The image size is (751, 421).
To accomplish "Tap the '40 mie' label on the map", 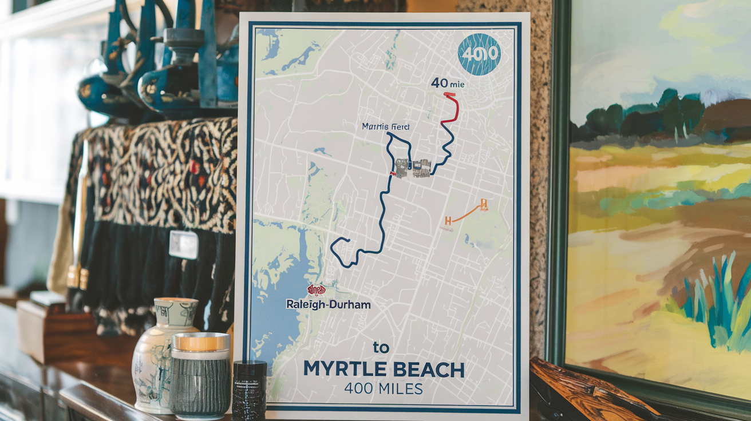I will pos(448,84).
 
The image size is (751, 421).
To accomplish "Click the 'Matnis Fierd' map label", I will pos(382,126).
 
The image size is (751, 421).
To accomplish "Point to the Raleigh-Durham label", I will pos(328,304).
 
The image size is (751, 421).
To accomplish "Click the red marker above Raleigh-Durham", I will pos(316,290).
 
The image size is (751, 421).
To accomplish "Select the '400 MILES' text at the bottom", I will pos(383,389).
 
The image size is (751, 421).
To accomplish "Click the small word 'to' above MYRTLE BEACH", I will pos(381,347).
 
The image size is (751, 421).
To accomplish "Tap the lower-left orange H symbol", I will pos(448,220).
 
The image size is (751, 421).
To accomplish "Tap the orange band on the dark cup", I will pos(201,341).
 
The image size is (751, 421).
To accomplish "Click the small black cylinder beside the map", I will pos(250,389).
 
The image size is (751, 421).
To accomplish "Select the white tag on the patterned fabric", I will pos(183,244).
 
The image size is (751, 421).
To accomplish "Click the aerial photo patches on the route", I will pos(412,168).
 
